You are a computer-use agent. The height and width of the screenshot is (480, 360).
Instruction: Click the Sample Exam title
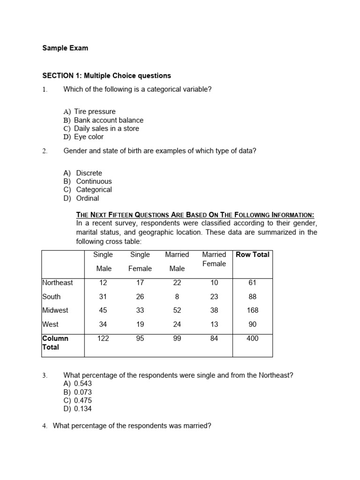click(x=65, y=48)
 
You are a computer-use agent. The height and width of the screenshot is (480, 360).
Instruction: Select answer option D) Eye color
click(x=83, y=137)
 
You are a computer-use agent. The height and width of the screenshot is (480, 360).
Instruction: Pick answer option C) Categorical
click(x=88, y=190)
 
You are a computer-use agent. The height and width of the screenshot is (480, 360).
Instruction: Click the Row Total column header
click(x=252, y=255)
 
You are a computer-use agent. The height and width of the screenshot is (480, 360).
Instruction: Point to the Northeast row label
click(x=58, y=283)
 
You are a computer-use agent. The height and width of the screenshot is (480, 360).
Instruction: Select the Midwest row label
click(x=55, y=310)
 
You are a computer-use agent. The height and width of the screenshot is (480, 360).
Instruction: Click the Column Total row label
click(x=55, y=343)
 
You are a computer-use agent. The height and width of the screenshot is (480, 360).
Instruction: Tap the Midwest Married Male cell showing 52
click(x=177, y=310)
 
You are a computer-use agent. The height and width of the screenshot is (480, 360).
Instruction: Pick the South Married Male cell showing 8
click(x=177, y=297)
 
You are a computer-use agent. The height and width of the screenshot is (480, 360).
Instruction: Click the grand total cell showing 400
click(x=252, y=338)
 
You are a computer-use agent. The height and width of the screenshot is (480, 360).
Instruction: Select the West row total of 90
click(x=252, y=324)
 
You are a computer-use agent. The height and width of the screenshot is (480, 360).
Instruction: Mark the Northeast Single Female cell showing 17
click(x=140, y=283)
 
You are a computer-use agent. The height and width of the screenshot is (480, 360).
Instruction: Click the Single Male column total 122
click(x=103, y=338)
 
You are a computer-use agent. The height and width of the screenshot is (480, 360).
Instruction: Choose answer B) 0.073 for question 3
click(x=78, y=392)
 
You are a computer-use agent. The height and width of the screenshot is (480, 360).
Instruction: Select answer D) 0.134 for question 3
click(x=78, y=409)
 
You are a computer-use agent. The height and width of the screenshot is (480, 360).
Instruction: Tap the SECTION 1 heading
click(x=107, y=75)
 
